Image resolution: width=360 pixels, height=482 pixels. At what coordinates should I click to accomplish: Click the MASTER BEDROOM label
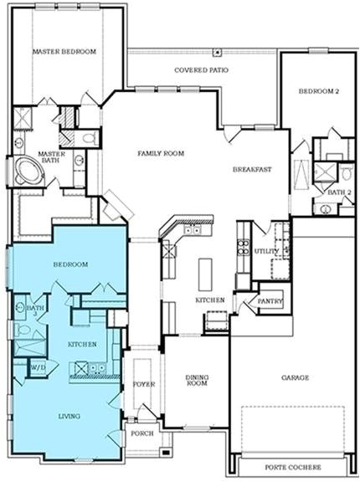click(64, 52)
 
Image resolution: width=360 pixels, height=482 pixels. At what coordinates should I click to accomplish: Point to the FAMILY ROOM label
click(161, 153)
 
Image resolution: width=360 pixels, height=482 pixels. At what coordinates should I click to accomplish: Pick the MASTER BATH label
click(51, 158)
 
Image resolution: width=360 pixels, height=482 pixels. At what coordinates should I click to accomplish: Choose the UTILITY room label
click(266, 251)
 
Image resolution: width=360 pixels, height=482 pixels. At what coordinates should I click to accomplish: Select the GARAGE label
click(295, 377)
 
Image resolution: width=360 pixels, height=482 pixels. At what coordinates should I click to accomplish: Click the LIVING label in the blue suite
click(69, 415)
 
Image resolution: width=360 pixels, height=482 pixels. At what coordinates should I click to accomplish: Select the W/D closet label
click(38, 367)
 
